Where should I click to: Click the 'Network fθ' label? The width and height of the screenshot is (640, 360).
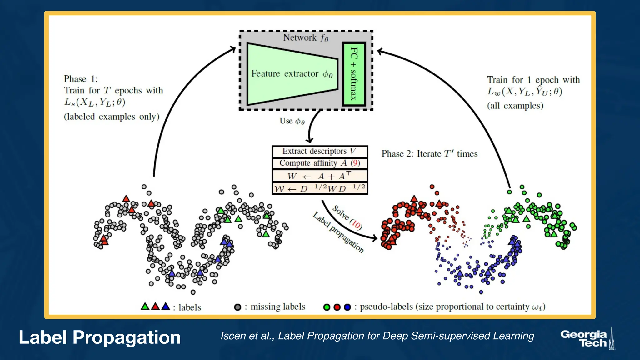click(x=305, y=38)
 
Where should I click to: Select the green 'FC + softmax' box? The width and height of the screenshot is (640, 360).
click(x=354, y=74)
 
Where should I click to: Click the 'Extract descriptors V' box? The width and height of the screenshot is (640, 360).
click(x=319, y=151)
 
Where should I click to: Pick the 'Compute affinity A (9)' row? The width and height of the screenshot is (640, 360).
click(x=319, y=163)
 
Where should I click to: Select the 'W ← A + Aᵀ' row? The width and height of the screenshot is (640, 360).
click(x=319, y=176)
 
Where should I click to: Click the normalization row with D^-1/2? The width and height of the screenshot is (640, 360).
click(x=319, y=188)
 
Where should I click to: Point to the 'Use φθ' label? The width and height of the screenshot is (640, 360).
click(x=292, y=121)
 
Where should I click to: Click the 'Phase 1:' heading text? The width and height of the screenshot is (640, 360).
click(x=81, y=79)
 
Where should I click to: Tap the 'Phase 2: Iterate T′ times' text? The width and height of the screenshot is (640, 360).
click(x=429, y=154)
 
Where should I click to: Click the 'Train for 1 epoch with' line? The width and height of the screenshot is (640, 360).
click(x=533, y=80)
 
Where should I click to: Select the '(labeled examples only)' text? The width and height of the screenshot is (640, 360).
click(x=112, y=117)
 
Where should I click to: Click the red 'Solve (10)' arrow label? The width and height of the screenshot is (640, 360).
click(x=347, y=217)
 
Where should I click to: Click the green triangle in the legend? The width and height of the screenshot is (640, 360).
click(x=145, y=307)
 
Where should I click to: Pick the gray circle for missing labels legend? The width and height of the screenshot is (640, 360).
click(x=237, y=307)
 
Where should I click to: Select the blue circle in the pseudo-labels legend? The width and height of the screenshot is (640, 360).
click(x=347, y=307)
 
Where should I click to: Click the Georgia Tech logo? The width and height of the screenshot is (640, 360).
click(x=587, y=339)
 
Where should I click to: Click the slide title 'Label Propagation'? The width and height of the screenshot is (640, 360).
click(x=100, y=337)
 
